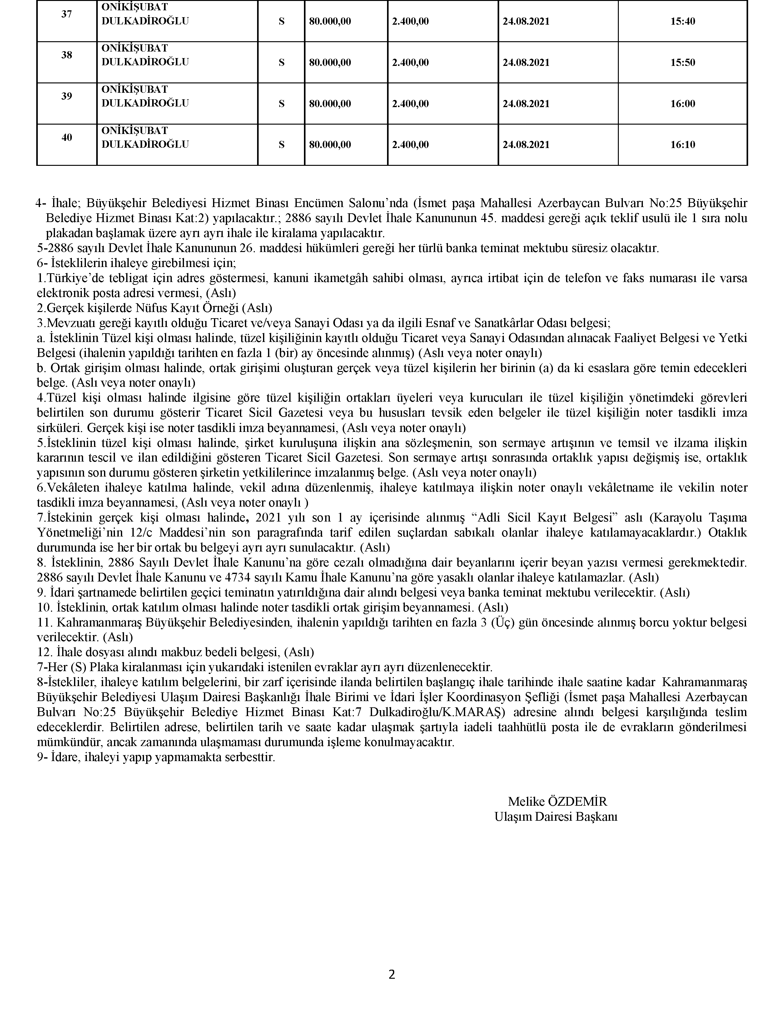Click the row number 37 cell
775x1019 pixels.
tap(67, 14)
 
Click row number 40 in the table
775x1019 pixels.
tap(67, 137)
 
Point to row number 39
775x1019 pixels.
tap(67, 96)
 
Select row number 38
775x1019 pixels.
tap(67, 55)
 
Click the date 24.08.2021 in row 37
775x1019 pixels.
tap(526, 22)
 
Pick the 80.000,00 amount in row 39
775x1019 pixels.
tap(330, 104)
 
